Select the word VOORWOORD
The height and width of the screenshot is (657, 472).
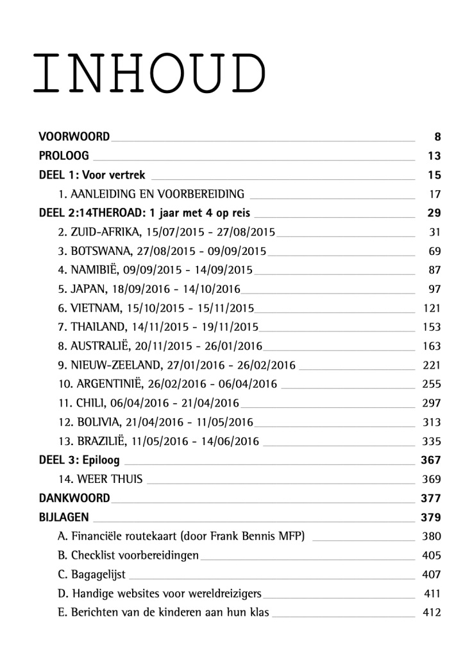coord(74,136)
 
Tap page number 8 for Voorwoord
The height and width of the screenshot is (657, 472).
coord(437,136)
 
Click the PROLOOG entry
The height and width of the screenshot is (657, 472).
coord(63,155)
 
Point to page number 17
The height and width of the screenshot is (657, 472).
coord(434,194)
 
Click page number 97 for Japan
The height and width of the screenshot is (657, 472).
coord(434,289)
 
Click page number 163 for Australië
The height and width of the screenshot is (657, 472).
coord(432,346)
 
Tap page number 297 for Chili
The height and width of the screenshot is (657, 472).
coord(432,403)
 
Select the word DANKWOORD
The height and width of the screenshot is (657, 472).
coord(74,498)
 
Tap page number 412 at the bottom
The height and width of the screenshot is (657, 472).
coord(432,612)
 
